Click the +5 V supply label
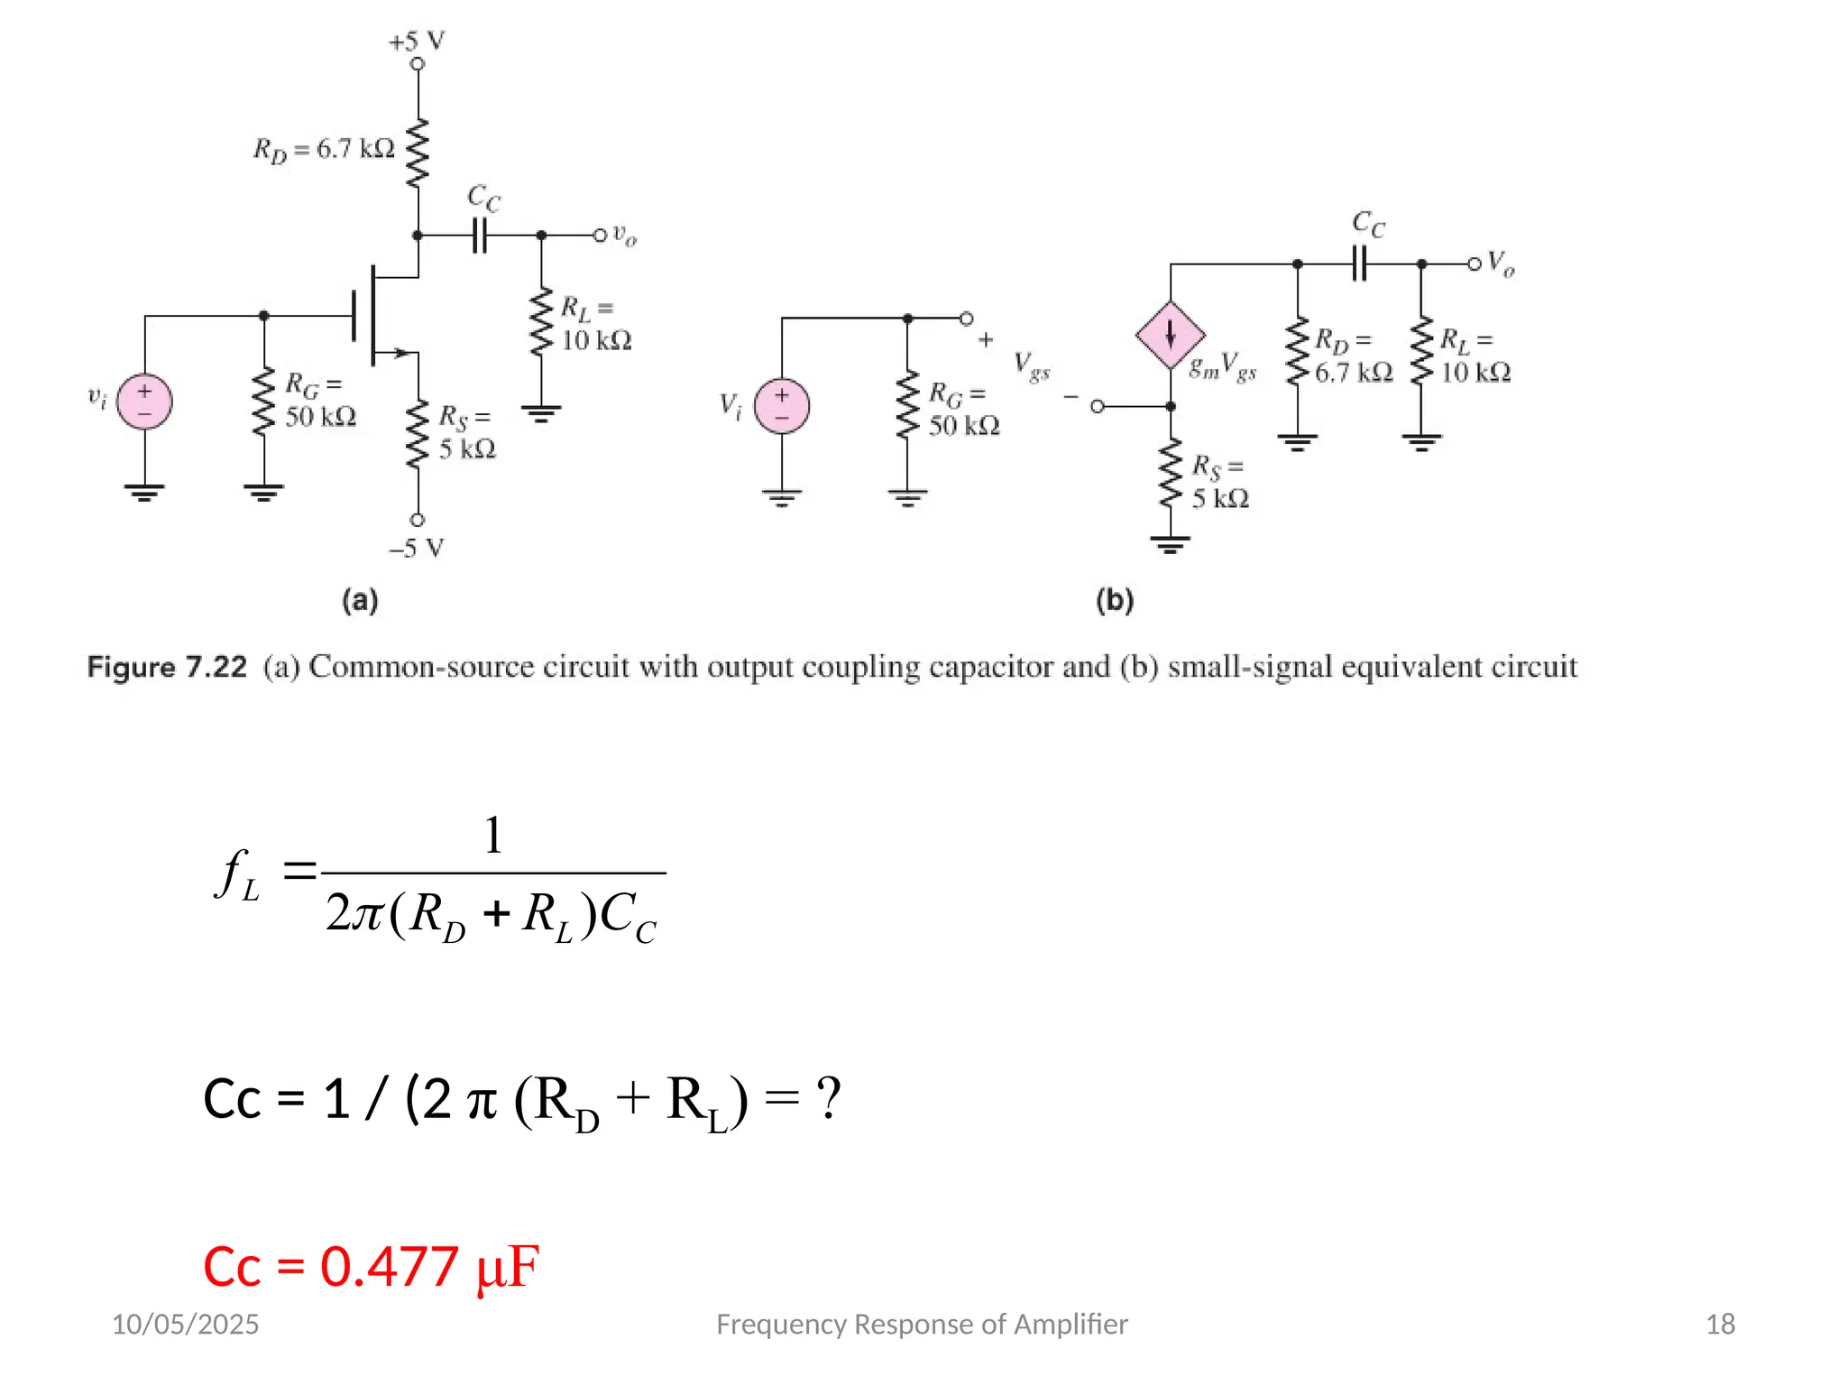[x=417, y=42]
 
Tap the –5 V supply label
[x=417, y=549]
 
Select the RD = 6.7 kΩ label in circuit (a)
[x=324, y=149]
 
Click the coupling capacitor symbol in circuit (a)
[x=479, y=236]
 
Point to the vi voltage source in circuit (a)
[x=144, y=402]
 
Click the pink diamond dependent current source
[x=1170, y=335]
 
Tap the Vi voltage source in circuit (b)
[x=781, y=406]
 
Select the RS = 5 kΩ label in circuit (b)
[x=1219, y=482]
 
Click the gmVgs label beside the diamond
[x=1223, y=367]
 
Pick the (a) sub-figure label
[x=360, y=601]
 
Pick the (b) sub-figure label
[x=1115, y=601]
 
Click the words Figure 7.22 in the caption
[x=167, y=668]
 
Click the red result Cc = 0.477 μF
[x=371, y=1266]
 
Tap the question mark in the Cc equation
[x=828, y=1099]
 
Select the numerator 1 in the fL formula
[x=492, y=836]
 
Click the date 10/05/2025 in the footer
[x=185, y=1324]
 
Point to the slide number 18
[x=1720, y=1324]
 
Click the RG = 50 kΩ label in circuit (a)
[x=320, y=401]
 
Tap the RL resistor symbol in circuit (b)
[x=1421, y=349]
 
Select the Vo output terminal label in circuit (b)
[x=1501, y=263]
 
